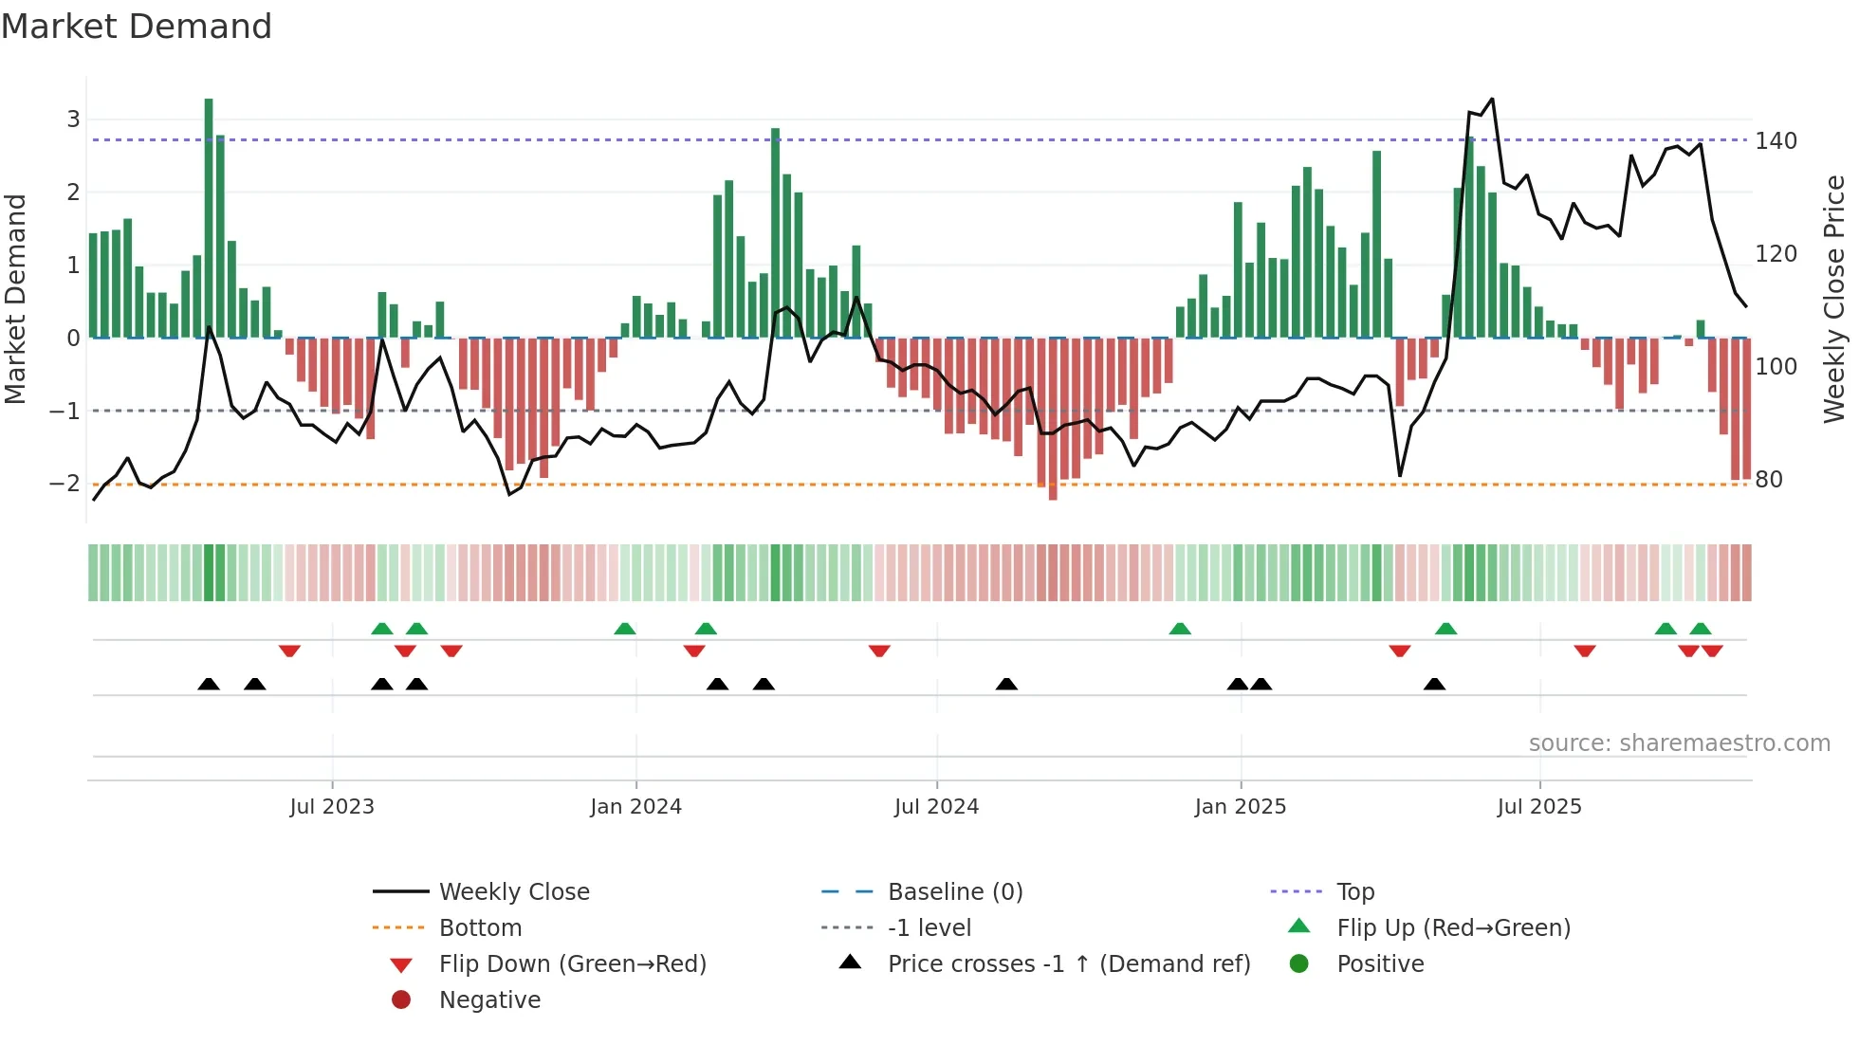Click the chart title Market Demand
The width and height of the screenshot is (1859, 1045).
pyautogui.click(x=137, y=27)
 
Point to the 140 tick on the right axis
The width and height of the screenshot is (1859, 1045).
pyautogui.click(x=1776, y=141)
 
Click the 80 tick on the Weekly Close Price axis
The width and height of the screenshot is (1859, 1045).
pyautogui.click(x=1769, y=480)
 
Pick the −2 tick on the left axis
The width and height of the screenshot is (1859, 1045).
pyautogui.click(x=64, y=484)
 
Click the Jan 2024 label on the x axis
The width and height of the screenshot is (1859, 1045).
pyautogui.click(x=635, y=807)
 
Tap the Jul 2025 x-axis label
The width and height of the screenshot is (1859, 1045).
pyautogui.click(x=1539, y=807)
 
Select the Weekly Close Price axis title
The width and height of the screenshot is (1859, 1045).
pyautogui.click(x=1834, y=299)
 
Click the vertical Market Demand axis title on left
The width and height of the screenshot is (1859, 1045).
pyautogui.click(x=16, y=299)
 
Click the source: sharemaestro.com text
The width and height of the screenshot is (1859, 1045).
pyautogui.click(x=1679, y=743)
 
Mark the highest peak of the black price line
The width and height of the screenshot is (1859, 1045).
pyautogui.click(x=1492, y=100)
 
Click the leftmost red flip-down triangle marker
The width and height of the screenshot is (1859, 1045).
pyautogui.click(x=289, y=651)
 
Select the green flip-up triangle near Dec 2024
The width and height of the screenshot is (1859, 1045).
pyautogui.click(x=1180, y=629)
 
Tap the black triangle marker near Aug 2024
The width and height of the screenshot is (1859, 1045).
pyautogui.click(x=1006, y=684)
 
